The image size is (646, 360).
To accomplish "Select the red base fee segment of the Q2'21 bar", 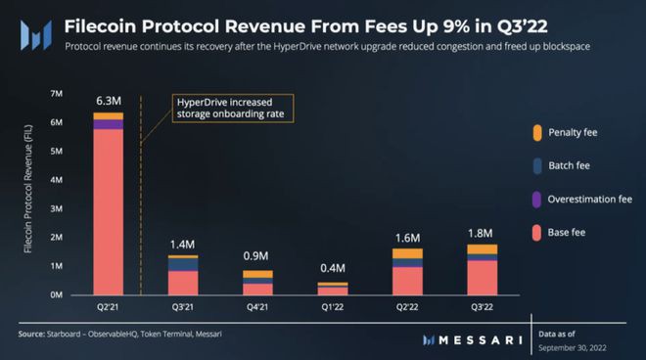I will (108, 210).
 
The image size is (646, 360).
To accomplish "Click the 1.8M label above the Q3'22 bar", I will (482, 232).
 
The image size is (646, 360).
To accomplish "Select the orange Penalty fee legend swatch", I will (538, 132).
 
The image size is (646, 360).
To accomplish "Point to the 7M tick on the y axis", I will (58, 94).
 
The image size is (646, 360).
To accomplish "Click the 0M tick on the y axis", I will (58, 294).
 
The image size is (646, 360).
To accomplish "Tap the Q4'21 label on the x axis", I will (256, 308).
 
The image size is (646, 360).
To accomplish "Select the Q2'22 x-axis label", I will (406, 308).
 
